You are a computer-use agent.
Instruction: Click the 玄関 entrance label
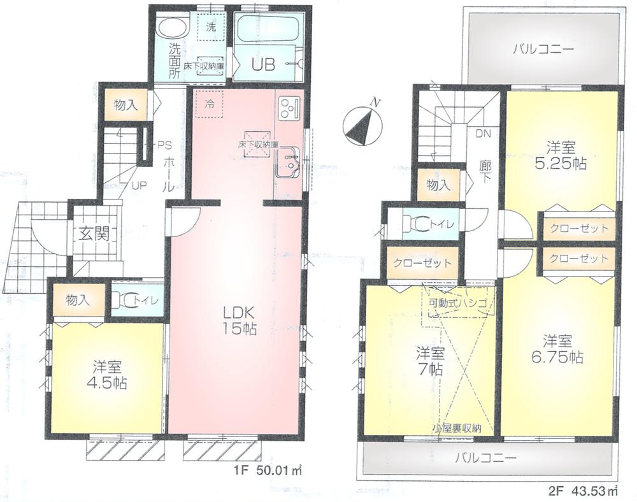pyautogui.click(x=92, y=233)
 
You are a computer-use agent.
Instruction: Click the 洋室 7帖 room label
pyautogui.click(x=431, y=361)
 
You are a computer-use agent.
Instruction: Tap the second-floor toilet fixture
pyautogui.click(x=420, y=222)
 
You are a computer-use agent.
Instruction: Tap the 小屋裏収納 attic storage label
pyautogui.click(x=456, y=429)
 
